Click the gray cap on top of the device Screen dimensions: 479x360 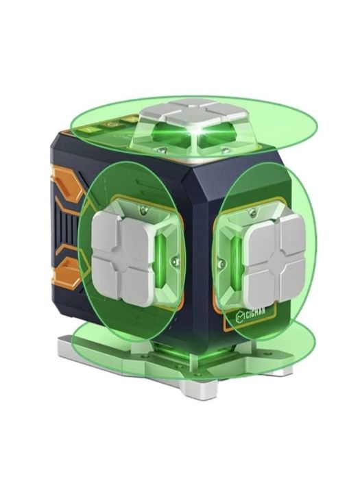[197, 114]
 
